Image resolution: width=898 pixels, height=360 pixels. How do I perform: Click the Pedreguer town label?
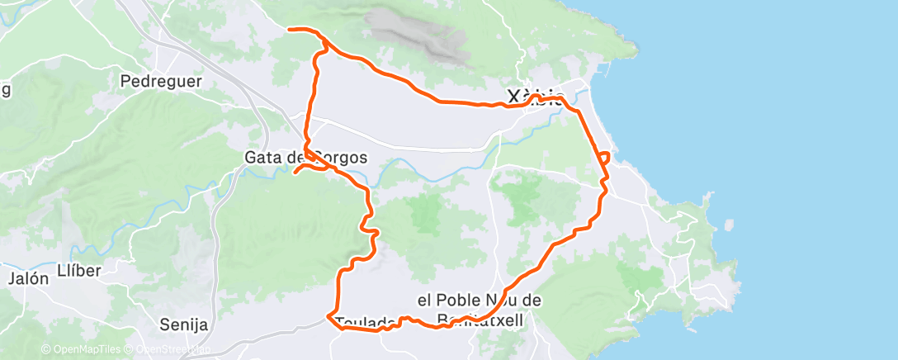point(161,81)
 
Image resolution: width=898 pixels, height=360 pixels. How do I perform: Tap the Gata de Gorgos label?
point(305,157)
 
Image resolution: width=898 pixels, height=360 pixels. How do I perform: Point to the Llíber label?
point(79,272)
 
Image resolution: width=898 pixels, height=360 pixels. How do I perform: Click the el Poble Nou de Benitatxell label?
point(479,310)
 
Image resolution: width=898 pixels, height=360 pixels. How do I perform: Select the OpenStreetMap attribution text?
point(168,350)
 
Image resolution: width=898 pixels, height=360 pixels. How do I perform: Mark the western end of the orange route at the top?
point(289,30)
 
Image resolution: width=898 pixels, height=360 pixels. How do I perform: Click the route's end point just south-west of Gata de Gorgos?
point(295,172)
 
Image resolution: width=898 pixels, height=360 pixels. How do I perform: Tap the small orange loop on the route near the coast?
point(605,156)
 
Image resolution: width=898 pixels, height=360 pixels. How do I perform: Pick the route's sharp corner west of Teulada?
point(329,316)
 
